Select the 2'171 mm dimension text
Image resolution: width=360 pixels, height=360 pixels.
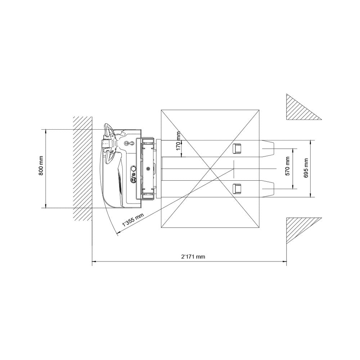pyautogui.click(x=193, y=256)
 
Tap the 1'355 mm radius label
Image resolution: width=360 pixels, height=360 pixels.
pyautogui.click(x=133, y=220)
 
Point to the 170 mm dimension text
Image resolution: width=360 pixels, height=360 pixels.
pyautogui.click(x=179, y=141)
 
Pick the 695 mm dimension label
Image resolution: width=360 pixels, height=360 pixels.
pyautogui.click(x=306, y=168)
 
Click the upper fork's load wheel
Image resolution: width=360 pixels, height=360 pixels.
pyautogui.click(x=237, y=148)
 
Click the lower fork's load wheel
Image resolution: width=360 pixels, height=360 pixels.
pyautogui.click(x=237, y=189)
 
